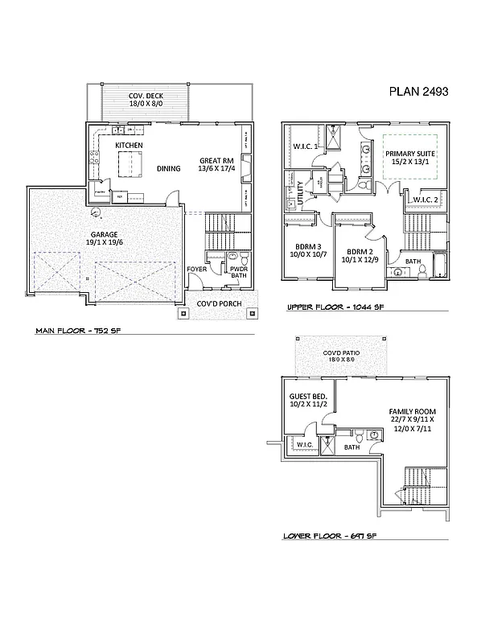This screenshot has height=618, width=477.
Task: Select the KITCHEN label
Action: [x=129, y=145]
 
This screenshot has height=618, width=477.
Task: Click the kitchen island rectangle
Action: [x=130, y=166]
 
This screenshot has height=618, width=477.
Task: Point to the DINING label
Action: [x=168, y=169]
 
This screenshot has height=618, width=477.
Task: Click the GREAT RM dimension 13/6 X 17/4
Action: [x=215, y=170]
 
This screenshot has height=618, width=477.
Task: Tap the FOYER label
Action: [x=196, y=269]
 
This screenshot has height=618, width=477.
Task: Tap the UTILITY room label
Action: [x=301, y=195]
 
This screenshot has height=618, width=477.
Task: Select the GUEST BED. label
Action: [x=307, y=398]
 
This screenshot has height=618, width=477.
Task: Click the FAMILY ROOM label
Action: [x=406, y=410]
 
